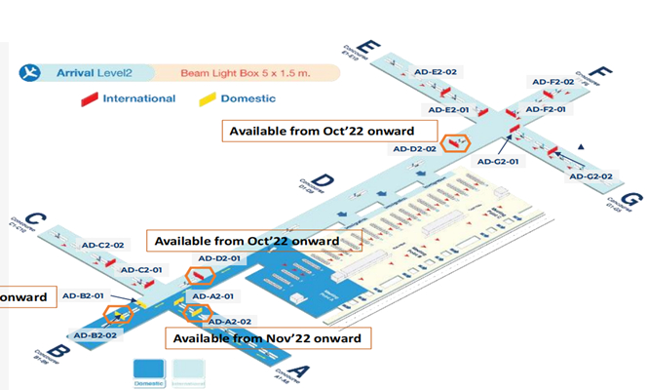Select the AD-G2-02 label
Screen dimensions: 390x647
tap(590, 175)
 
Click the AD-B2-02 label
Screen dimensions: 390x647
tap(96, 334)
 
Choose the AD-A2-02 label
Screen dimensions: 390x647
tap(231, 321)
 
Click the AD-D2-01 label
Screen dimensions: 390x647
tap(219, 258)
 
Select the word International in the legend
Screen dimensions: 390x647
tap(138, 98)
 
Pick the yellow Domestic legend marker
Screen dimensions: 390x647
tap(207, 98)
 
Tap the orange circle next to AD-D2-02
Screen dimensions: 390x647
tap(454, 142)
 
